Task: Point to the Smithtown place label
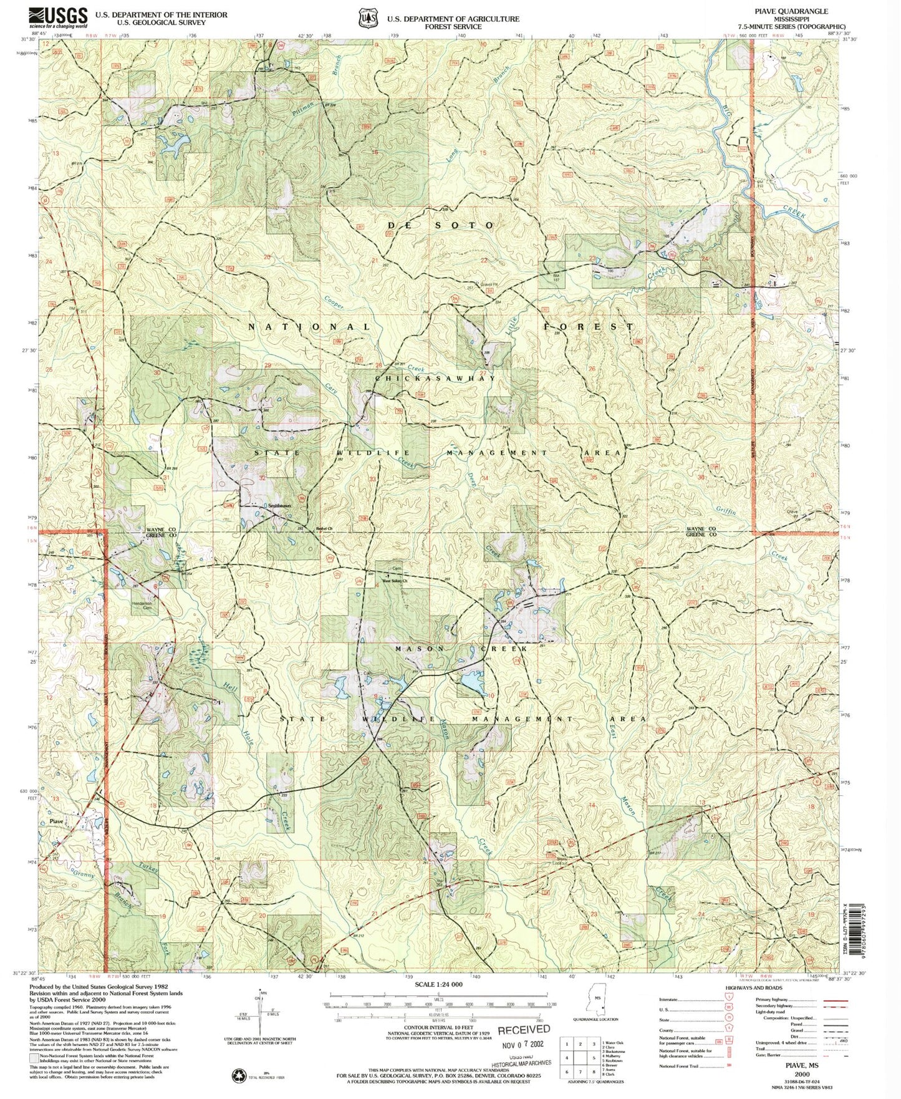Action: click(279, 505)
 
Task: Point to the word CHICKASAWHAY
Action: click(435, 378)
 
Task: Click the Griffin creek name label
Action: click(726, 510)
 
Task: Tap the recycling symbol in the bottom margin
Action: click(239, 1075)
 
